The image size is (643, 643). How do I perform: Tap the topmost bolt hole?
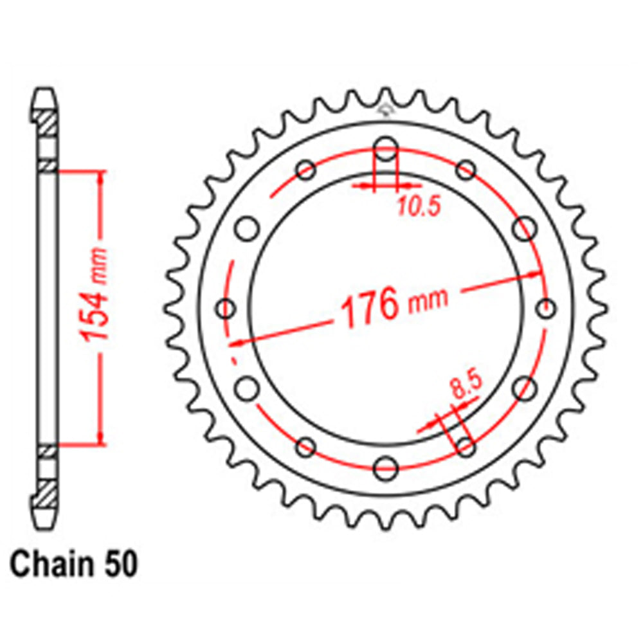point(385,146)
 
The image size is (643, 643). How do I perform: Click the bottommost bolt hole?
point(386,467)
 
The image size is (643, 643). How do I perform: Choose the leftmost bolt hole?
point(226,309)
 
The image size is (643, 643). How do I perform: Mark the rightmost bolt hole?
point(546,307)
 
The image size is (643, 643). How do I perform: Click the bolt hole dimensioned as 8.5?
point(466,444)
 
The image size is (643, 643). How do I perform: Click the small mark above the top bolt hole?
point(386,109)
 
